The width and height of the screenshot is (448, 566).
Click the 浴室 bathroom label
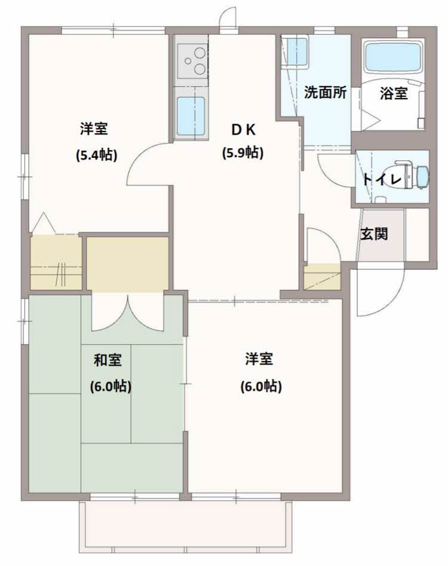tap(394, 93)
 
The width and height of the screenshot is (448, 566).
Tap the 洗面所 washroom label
tap(325, 93)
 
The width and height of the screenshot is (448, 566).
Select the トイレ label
tap(382, 179)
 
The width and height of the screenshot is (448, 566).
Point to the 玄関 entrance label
tap(374, 234)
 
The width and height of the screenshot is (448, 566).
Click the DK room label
tap(244, 130)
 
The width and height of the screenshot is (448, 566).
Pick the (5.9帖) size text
tap(243, 152)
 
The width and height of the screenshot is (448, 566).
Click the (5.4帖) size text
tap(96, 155)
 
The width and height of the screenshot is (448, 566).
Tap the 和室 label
tap(108, 360)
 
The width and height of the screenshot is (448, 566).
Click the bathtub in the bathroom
tap(393, 57)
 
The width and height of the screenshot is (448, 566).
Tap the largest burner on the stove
tap(199, 68)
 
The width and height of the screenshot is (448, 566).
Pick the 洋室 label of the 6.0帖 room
tap(259, 359)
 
